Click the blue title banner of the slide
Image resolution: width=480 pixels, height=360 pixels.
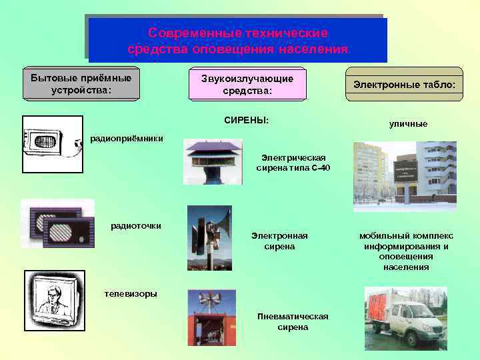pos(237,41)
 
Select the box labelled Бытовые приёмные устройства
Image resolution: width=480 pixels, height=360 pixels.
pos(81,84)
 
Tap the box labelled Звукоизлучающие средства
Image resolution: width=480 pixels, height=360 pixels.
pos(247,85)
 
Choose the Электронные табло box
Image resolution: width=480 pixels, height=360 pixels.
pos(404,85)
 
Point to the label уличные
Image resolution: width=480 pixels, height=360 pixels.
pos(408,124)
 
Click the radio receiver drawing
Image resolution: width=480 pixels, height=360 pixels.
pos(52,137)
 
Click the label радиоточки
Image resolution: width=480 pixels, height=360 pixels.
pos(136,225)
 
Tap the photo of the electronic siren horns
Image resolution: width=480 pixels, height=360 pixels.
pos(209,237)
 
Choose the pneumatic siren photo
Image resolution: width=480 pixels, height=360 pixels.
pos(211,317)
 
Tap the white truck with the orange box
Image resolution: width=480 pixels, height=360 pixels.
pos(405,319)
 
